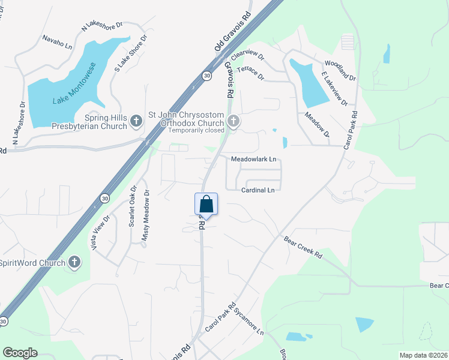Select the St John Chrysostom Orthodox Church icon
tap(233, 122)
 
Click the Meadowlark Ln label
tap(254, 160)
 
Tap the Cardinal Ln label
tap(258, 190)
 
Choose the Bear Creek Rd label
tap(303, 247)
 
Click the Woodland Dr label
tap(340, 70)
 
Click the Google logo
tap(20, 353)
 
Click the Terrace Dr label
tap(250, 73)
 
